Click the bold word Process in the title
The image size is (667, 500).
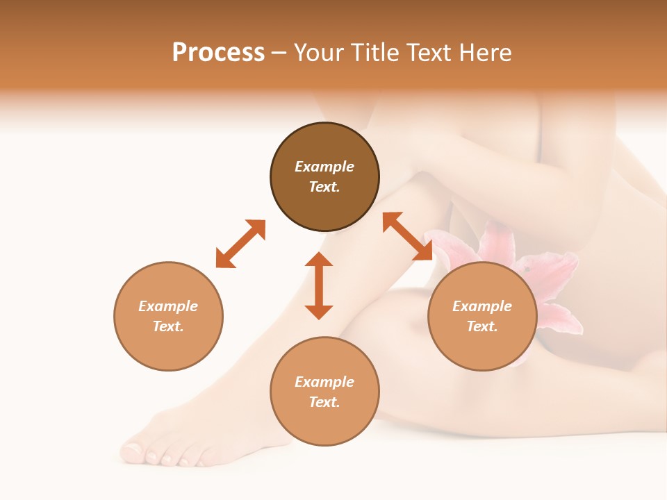pyautogui.click(x=218, y=53)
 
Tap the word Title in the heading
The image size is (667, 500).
pyautogui.click(x=377, y=53)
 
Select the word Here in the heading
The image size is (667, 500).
pyautogui.click(x=485, y=53)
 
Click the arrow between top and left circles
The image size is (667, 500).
pyautogui.click(x=240, y=243)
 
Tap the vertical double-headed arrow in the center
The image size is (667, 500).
pyautogui.click(x=319, y=285)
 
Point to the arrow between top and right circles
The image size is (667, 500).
pyautogui.click(x=407, y=236)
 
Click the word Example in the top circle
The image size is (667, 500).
pyautogui.click(x=324, y=167)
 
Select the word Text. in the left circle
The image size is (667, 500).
pyautogui.click(x=168, y=326)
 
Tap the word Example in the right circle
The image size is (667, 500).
pyautogui.click(x=482, y=306)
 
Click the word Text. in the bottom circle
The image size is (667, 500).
pyautogui.click(x=324, y=402)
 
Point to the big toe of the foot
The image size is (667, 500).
pyautogui.click(x=132, y=453)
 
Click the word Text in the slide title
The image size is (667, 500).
pyautogui.click(x=430, y=53)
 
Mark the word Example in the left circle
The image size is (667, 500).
pyautogui.click(x=168, y=306)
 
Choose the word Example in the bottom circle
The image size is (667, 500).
pyautogui.click(x=324, y=382)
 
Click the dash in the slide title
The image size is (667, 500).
pyautogui.click(x=279, y=53)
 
